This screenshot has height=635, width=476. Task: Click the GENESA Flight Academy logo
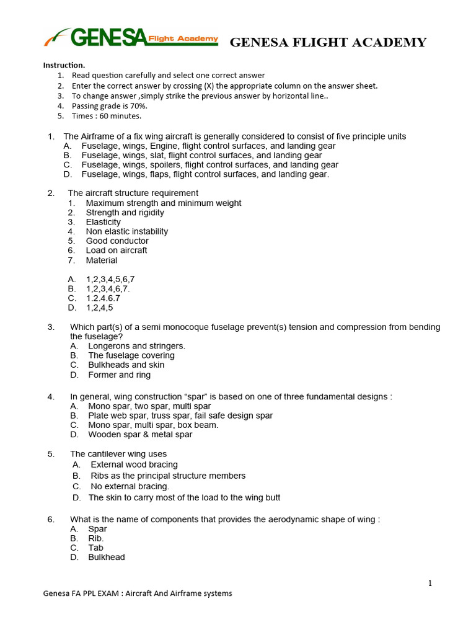(131, 39)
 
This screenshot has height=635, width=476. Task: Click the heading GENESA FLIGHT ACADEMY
(328, 43)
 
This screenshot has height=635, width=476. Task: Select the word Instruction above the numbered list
(64, 65)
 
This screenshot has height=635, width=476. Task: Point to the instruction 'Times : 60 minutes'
(106, 115)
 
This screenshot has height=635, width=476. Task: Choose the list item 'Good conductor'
(117, 241)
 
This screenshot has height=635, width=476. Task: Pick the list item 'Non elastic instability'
(127, 231)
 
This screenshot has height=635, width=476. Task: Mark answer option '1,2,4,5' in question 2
(99, 308)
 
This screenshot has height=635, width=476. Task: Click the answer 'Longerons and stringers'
(136, 346)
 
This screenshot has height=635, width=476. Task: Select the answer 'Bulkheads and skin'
(126, 365)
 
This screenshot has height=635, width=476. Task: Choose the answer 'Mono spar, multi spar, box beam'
(153, 425)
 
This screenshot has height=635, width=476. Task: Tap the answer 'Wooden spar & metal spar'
(140, 435)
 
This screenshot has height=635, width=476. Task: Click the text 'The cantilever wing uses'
(118, 454)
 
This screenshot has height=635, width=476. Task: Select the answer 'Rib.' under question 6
(96, 538)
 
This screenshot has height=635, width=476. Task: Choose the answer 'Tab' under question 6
(95, 548)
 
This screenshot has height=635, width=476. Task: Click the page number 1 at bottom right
(429, 583)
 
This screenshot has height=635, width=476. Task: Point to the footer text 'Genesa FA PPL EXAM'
(81, 593)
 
